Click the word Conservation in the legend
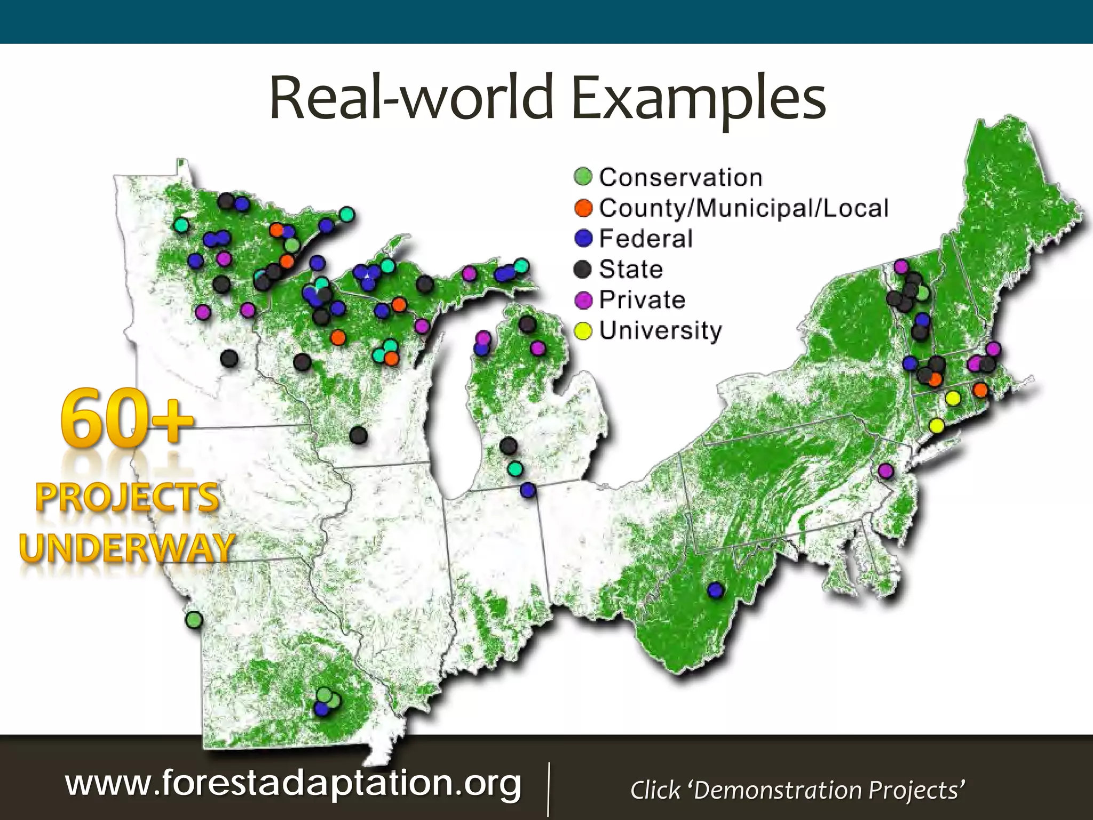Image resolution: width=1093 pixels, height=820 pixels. [x=680, y=178]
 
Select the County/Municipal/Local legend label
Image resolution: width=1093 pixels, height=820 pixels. [x=743, y=208]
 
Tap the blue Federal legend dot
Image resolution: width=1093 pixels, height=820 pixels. [x=583, y=238]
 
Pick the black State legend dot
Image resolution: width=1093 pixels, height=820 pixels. [x=583, y=269]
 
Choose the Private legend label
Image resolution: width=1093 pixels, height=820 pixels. [x=642, y=299]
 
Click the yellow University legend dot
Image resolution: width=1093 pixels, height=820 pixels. [x=583, y=330]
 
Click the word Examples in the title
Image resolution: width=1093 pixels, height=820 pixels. [x=699, y=98]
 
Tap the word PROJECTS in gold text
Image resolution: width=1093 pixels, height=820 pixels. [x=127, y=498]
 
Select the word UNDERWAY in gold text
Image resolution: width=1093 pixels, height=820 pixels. [x=127, y=548]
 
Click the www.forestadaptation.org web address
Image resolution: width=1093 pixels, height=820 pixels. [x=293, y=783]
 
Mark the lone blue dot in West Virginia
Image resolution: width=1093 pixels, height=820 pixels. [x=716, y=590]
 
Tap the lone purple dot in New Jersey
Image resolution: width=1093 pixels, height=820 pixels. [x=885, y=471]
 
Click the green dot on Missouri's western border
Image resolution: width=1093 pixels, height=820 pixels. [x=194, y=620]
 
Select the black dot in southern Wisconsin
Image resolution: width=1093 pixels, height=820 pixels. [x=359, y=436]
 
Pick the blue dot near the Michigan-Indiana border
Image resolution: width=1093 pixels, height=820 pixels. [x=528, y=490]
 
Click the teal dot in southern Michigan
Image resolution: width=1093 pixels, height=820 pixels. [x=515, y=469]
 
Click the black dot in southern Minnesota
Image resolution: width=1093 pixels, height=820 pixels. [x=229, y=358]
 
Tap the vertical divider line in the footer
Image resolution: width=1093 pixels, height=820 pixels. [x=549, y=789]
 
